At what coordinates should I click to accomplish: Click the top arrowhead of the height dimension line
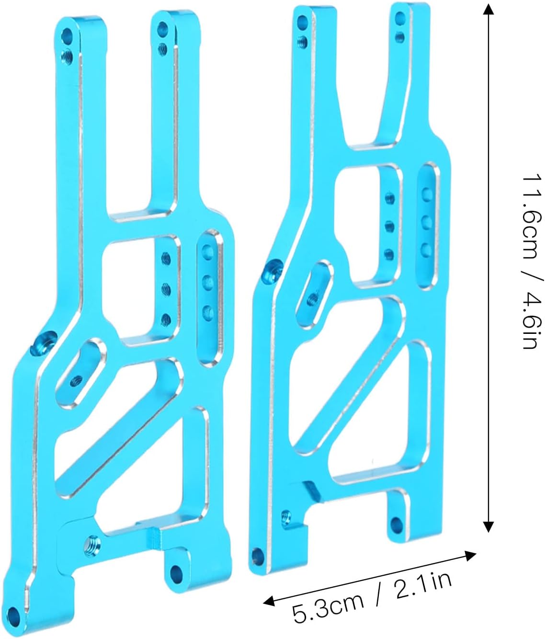488,9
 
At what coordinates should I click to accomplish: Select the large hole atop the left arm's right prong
161,28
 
